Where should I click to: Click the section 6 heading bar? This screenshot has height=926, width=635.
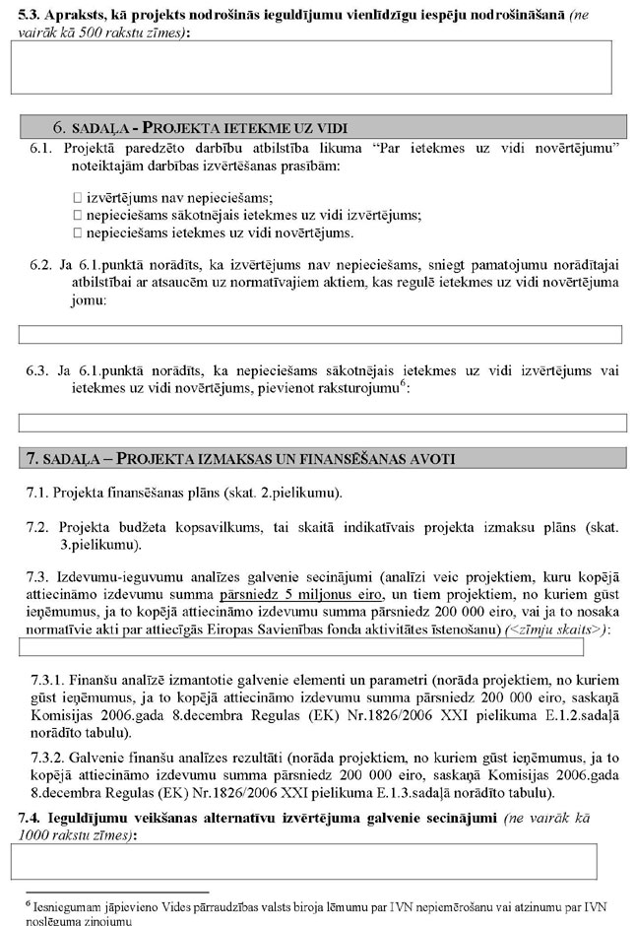tap(324, 127)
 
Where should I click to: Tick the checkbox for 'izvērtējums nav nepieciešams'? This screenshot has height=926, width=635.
tap(78, 197)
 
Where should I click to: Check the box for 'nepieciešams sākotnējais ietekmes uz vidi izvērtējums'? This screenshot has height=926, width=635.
tap(78, 215)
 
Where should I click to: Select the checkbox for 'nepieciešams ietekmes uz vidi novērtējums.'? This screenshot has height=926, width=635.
tap(78, 232)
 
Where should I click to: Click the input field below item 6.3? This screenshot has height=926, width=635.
tap(323, 423)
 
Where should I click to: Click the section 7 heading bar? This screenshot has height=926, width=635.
tap(324, 458)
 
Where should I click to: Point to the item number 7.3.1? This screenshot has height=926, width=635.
tap(50, 681)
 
